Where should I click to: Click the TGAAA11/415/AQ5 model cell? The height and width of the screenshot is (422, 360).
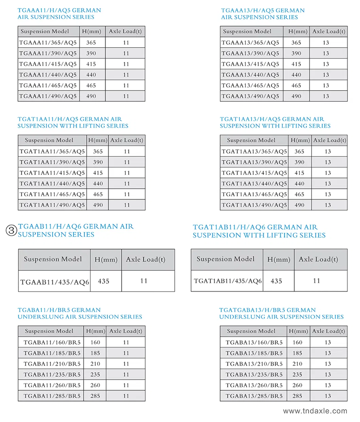(x=48, y=64)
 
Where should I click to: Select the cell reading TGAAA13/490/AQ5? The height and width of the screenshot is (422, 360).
(x=250, y=96)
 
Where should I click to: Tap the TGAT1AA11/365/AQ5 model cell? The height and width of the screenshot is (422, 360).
(x=52, y=152)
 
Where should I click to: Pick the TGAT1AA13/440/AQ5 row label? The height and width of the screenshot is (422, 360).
(x=254, y=184)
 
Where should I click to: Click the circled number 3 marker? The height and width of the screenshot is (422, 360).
(x=11, y=231)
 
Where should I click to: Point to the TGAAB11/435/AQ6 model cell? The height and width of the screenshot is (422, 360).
(x=54, y=282)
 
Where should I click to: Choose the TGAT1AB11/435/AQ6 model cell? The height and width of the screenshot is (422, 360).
(x=228, y=281)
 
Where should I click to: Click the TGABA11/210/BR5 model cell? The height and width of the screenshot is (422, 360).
(x=52, y=364)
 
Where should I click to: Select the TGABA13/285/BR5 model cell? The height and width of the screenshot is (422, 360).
(x=254, y=396)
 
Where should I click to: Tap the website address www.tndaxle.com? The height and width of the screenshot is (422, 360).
(x=315, y=411)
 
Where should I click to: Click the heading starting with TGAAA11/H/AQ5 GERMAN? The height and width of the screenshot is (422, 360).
(x=59, y=11)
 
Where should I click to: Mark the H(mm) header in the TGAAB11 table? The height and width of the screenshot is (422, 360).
(x=106, y=260)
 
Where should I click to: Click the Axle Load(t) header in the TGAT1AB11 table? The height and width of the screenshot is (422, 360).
(x=318, y=260)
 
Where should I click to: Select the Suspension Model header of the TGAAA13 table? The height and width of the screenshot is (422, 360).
(x=247, y=32)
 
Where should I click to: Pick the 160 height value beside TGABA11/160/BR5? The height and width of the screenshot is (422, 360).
(x=95, y=343)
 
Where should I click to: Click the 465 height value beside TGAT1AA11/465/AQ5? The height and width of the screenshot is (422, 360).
(x=98, y=194)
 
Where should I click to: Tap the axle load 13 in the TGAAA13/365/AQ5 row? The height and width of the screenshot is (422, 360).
(x=326, y=43)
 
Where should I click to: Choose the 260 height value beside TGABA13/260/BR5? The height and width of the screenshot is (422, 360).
(x=298, y=385)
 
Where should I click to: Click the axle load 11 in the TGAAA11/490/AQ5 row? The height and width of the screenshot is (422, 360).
(x=126, y=96)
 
